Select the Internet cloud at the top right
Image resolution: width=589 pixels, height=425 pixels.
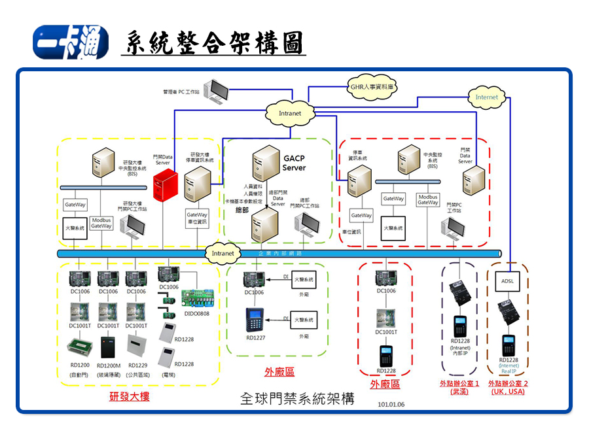tap(486, 97)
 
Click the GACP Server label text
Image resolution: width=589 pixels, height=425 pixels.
tap(294, 163)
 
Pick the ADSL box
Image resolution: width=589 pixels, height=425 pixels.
tap(508, 280)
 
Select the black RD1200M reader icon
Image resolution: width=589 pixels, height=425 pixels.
tap(108, 347)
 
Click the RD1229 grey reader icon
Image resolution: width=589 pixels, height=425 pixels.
tap(138, 345)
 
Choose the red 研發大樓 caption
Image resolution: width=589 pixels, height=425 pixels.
tap(130, 396)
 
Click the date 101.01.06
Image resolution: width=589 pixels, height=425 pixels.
tap(391, 404)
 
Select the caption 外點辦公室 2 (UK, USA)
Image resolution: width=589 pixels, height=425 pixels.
tap(508, 387)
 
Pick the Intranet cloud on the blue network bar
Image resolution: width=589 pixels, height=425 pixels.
tap(223, 252)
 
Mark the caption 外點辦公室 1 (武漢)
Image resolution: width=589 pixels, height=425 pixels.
tap(459, 387)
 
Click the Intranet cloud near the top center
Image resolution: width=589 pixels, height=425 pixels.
tap(290, 113)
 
